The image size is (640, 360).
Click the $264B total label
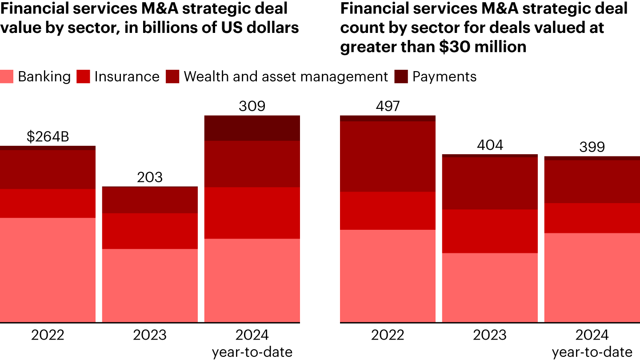[x=48, y=137]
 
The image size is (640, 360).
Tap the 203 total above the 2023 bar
[x=150, y=177]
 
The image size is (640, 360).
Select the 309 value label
[x=252, y=106]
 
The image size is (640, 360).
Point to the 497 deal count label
[x=388, y=106]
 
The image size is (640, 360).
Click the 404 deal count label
[x=490, y=145]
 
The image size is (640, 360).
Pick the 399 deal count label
[x=592, y=147]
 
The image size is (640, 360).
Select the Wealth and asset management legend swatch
[x=172, y=77]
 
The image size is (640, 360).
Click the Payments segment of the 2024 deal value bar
[x=252, y=128]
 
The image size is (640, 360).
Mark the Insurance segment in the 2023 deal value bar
[x=150, y=231]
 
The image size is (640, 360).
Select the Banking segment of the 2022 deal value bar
[x=48, y=270]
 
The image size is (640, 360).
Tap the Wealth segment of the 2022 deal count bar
[x=388, y=156]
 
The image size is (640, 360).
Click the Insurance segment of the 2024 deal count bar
[x=592, y=218]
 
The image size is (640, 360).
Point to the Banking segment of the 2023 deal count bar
[x=490, y=288]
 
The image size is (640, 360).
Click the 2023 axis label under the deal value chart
[x=150, y=335]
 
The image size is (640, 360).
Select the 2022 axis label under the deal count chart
[x=388, y=335]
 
